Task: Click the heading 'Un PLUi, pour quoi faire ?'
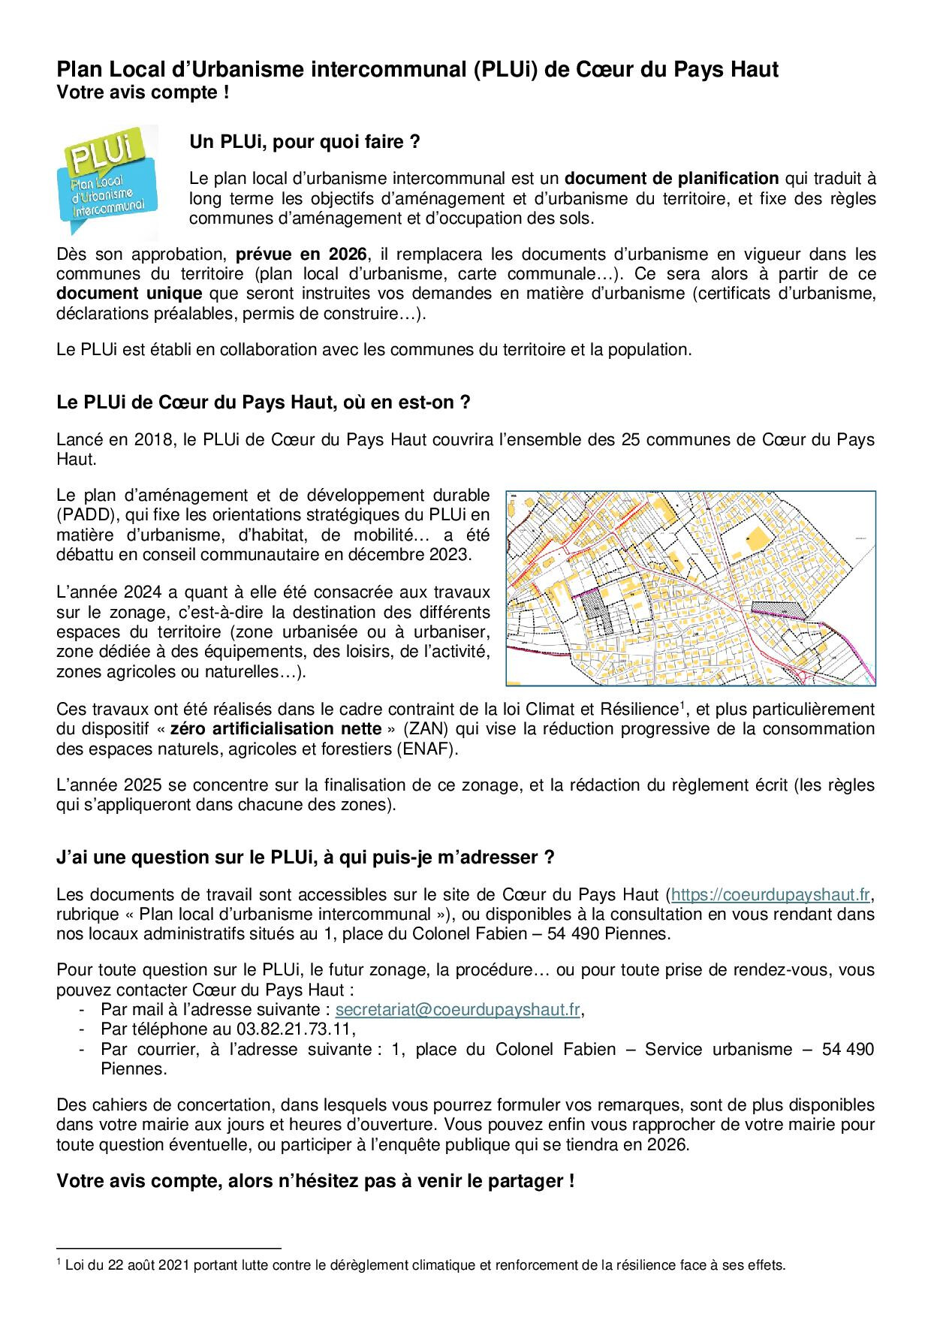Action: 304,143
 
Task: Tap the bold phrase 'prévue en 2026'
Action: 301,254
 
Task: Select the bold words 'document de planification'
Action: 671,179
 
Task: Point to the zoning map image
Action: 690,588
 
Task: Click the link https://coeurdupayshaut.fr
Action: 770,894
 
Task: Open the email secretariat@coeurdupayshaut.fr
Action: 457,1009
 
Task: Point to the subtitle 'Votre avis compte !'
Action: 143,94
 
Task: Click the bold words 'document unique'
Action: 129,294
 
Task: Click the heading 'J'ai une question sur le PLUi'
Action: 305,857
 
